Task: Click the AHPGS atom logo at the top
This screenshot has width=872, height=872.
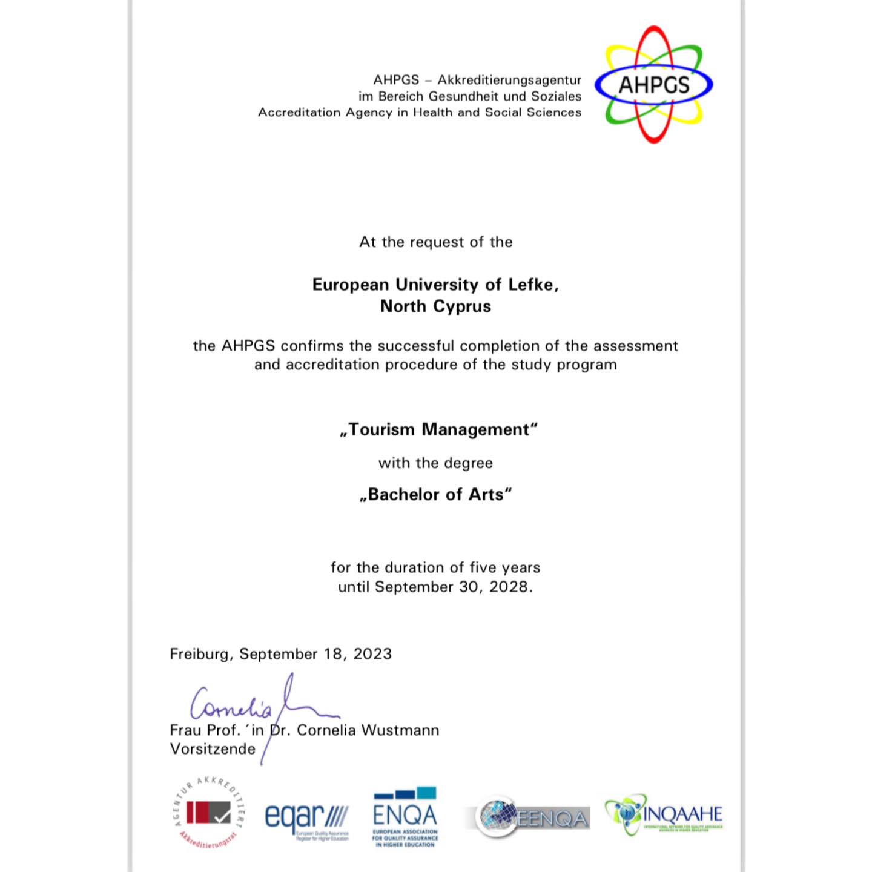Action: [654, 85]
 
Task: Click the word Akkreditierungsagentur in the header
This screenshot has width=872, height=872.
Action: [509, 80]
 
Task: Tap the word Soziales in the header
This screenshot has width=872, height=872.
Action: [556, 96]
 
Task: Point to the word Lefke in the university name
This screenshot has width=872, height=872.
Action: [531, 285]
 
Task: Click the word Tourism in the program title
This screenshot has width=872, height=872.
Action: [382, 429]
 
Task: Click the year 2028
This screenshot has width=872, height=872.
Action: [509, 587]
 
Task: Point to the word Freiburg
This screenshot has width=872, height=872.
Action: [199, 654]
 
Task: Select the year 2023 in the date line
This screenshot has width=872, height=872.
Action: [372, 654]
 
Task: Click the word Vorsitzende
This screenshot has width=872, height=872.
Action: [213, 749]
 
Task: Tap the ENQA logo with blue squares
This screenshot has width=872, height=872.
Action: [405, 816]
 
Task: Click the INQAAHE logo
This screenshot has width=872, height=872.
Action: [664, 815]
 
